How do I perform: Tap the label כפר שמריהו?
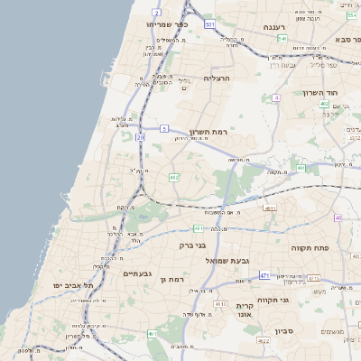coord(165,24)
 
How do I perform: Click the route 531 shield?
coord(209,24)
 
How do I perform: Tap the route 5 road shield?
coord(164,129)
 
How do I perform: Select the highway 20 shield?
coord(140,137)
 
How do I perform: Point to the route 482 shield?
coord(174,177)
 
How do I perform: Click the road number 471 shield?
coord(264,275)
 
